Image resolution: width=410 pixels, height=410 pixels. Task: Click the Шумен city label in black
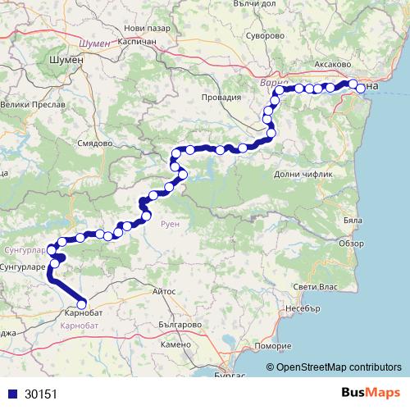click(x=66, y=61)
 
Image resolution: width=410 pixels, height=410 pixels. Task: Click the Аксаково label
click(x=332, y=63)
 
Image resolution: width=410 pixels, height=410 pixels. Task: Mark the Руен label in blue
click(x=170, y=223)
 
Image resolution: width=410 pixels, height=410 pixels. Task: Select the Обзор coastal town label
click(x=350, y=243)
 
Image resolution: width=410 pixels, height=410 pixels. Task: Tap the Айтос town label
click(x=165, y=290)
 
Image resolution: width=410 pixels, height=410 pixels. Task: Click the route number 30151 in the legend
click(x=40, y=394)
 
